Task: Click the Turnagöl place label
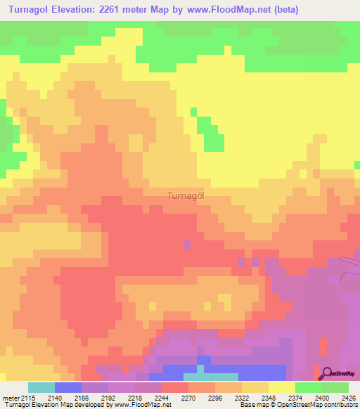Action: pos(186,196)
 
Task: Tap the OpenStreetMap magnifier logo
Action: pos(326,372)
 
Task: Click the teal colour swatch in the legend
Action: pos(41,387)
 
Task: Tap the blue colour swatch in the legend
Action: pos(68,387)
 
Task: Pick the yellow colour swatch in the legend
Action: pos(282,387)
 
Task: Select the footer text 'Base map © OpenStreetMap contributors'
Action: pos(298,405)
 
